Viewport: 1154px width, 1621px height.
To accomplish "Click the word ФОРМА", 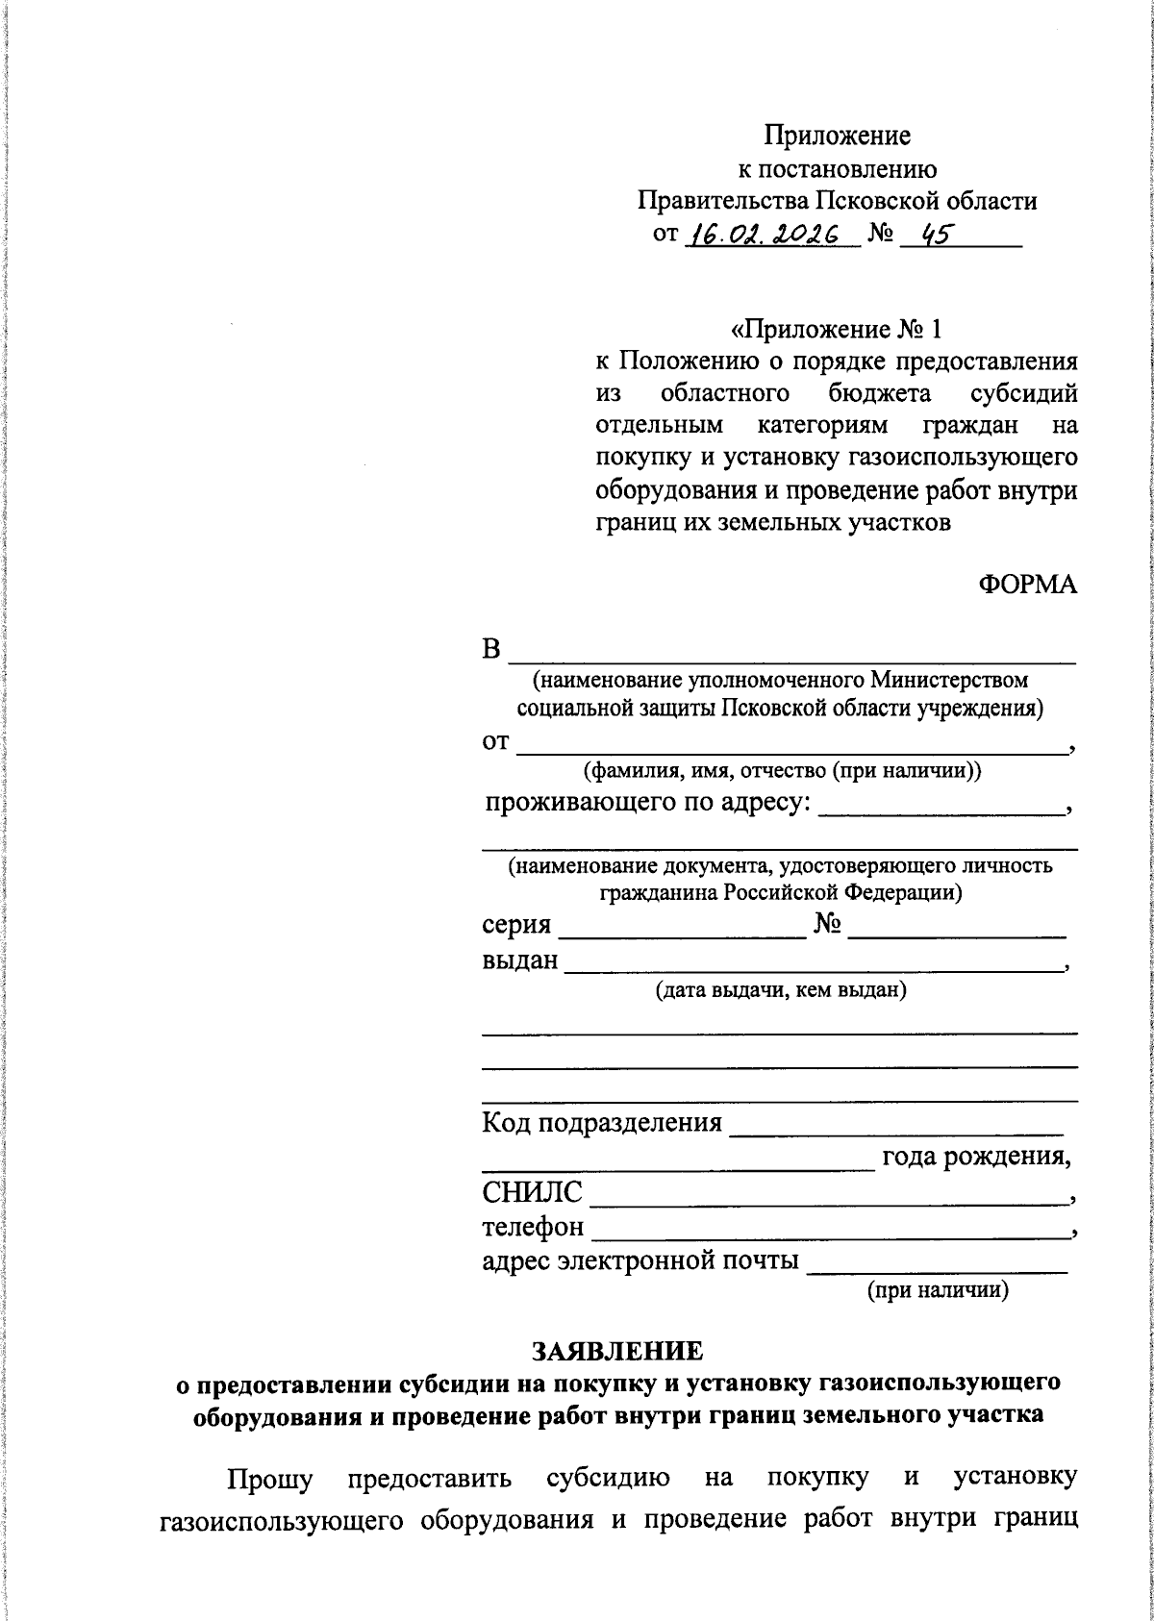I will [1028, 586].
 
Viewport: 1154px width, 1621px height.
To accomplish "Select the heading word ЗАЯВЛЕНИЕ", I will [618, 1351].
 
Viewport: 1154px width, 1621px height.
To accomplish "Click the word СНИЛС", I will [532, 1193].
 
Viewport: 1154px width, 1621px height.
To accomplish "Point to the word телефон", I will [533, 1227].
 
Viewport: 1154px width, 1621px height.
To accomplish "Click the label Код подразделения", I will [602, 1122].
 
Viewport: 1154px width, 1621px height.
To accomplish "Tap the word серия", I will [516, 925].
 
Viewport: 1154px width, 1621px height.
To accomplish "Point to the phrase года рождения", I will [976, 1157].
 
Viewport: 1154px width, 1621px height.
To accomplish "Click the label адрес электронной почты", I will [640, 1260].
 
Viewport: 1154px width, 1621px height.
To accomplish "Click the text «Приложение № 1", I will [837, 330].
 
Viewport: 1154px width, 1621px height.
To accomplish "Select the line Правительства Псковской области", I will [838, 201].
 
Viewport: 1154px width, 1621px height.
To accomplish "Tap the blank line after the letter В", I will [791, 660].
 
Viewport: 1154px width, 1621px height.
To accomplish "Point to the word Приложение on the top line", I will [838, 135].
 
